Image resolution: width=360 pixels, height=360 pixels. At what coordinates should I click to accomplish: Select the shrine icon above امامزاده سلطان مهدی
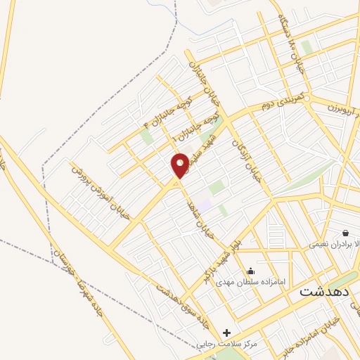(251, 271)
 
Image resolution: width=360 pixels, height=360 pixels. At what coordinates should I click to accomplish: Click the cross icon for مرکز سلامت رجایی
(226, 333)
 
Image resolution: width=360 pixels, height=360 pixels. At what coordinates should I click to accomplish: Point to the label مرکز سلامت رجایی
(228, 344)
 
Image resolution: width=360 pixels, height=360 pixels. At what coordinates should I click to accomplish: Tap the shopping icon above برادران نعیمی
(345, 233)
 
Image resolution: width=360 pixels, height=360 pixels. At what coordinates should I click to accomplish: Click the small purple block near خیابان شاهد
(203, 203)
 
